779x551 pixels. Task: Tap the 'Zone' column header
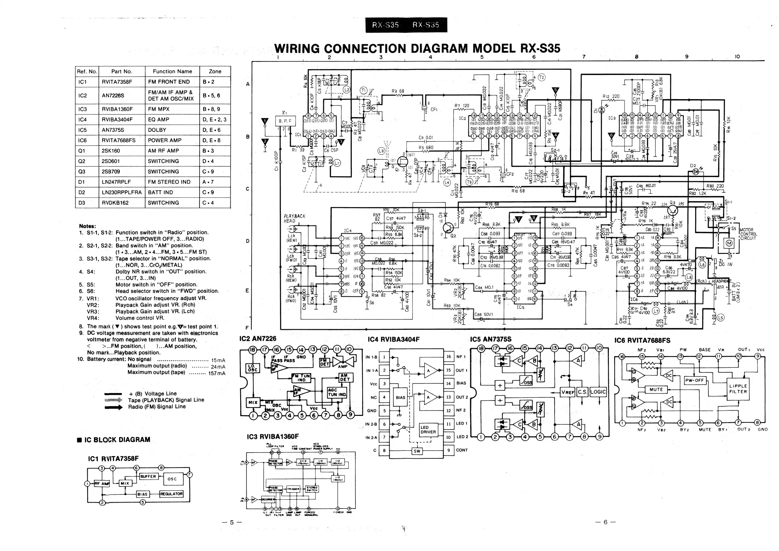[215, 71]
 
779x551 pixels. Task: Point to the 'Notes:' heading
[88, 226]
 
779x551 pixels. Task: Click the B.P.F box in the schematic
[285, 121]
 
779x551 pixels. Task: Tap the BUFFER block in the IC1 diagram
[148, 476]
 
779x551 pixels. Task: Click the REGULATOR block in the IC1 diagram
[171, 494]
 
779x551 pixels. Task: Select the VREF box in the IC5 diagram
[568, 392]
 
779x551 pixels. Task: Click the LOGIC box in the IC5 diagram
[598, 392]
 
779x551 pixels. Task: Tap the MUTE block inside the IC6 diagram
[656, 389]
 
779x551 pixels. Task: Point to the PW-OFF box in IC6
[695, 380]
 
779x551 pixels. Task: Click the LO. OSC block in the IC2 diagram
[253, 368]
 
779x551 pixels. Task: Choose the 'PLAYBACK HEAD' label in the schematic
[294, 219]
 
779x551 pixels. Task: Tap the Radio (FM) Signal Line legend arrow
[114, 407]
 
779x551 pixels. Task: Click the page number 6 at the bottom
[605, 522]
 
